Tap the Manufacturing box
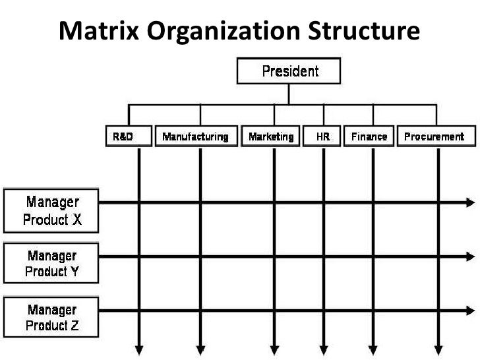pos(195,137)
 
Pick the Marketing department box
pos(271,137)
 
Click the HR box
pos(323,137)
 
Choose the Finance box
pos(369,137)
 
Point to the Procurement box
pos(434,137)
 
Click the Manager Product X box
pos(51,210)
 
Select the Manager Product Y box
pos(51,262)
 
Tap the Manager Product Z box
pos(51,316)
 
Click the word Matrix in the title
pos(98,30)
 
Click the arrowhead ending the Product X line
pos(470,203)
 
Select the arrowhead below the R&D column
pos(139,349)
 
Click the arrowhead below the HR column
pos(324,349)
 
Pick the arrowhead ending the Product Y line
pos(470,255)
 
